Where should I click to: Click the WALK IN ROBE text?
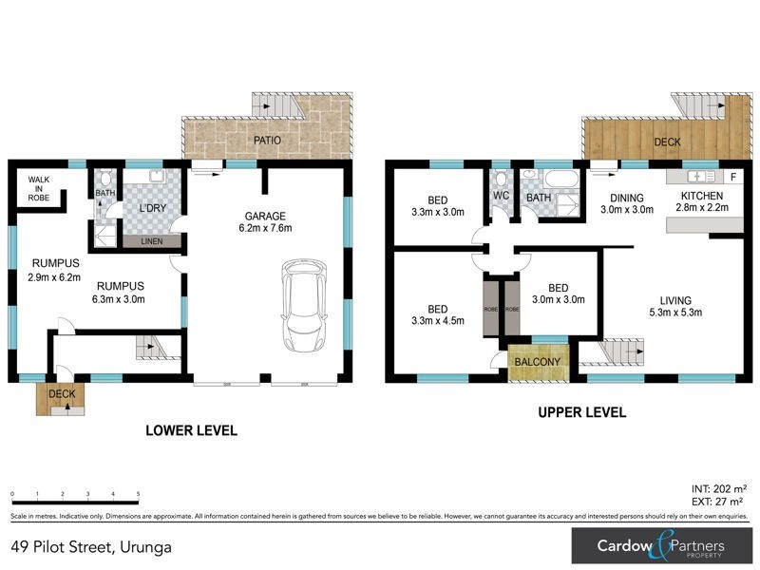pyautogui.click(x=38, y=188)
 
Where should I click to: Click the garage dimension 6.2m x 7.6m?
pyautogui.click(x=266, y=228)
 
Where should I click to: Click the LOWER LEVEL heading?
pyautogui.click(x=191, y=430)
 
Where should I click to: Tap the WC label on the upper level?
pyautogui.click(x=501, y=197)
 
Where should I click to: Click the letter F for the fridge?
pyautogui.click(x=732, y=178)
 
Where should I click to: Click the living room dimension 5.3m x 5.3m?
pyautogui.click(x=676, y=314)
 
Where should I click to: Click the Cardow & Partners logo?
pyautogui.click(x=660, y=546)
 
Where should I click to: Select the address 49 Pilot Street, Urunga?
pyautogui.click(x=92, y=546)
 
